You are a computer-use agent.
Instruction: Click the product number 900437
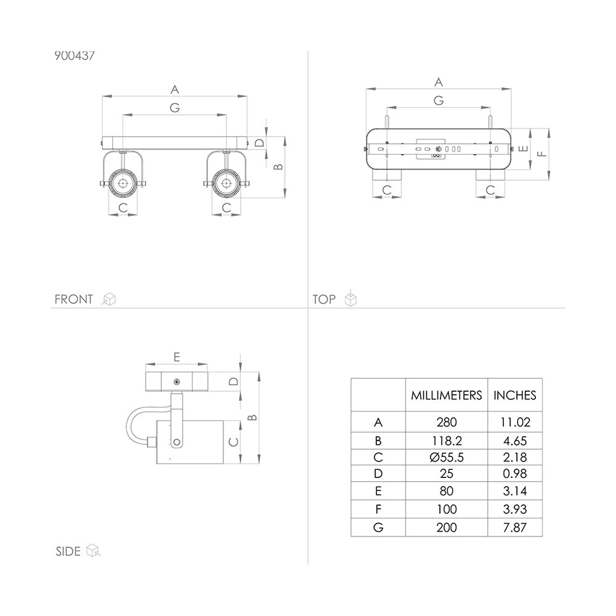coord(75,56)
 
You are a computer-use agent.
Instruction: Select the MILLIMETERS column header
coord(446,395)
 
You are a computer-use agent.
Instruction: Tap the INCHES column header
coord(514,395)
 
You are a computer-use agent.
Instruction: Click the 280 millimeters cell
coord(446,423)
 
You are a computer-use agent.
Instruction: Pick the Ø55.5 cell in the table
coord(446,457)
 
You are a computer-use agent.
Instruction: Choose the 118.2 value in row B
coord(446,441)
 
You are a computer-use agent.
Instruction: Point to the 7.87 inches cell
coord(514,528)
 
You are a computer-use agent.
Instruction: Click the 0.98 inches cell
coord(514,474)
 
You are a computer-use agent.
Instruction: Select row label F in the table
coord(378,509)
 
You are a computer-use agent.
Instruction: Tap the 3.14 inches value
coord(514,491)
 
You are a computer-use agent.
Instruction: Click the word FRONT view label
coord(73,299)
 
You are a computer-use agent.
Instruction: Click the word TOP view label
coord(324,299)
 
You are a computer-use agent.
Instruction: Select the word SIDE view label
coord(68,551)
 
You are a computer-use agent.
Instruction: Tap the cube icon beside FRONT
coord(109,299)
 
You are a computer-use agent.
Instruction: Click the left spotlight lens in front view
coord(123,183)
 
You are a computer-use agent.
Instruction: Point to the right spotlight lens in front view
coord(226,183)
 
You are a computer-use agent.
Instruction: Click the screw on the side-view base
coord(177,381)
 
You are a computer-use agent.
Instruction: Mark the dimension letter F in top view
coord(541,153)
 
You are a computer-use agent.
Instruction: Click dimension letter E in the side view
coord(177,357)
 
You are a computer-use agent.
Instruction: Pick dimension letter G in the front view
coord(175,107)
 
